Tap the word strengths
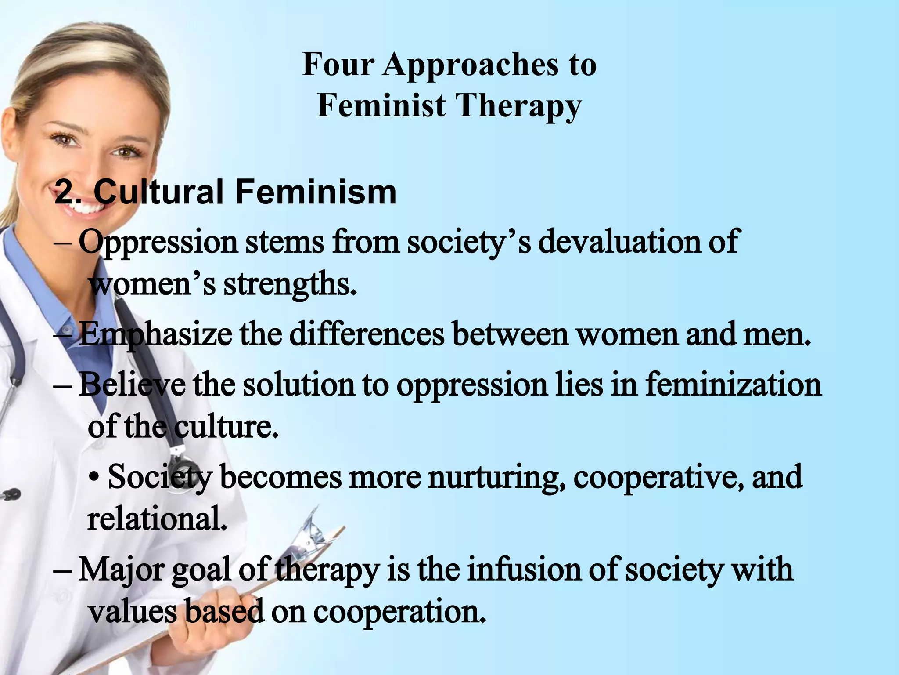point(289,285)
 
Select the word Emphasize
point(155,335)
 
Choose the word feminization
point(733,385)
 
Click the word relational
point(157,519)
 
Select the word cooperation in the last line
point(399,612)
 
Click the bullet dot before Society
point(93,478)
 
